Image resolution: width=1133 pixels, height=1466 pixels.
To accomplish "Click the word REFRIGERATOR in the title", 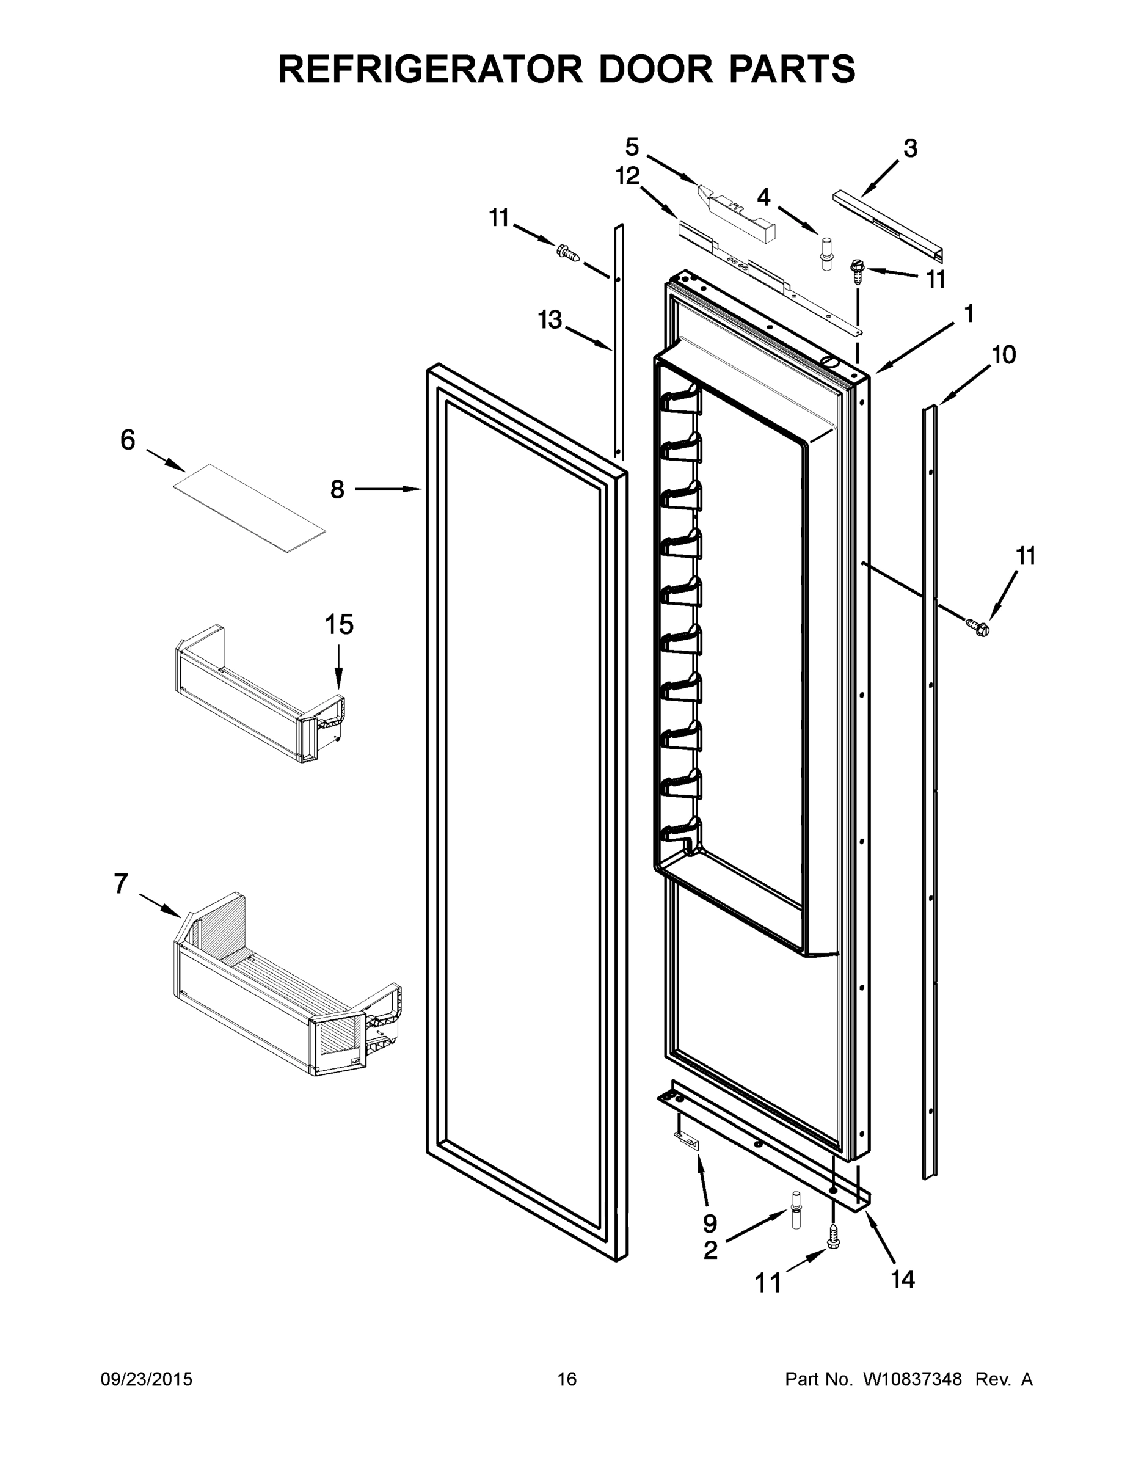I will click(430, 68).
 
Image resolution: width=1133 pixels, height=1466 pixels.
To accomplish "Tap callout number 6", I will click(128, 440).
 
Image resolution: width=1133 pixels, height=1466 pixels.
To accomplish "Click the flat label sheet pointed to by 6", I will click(249, 508).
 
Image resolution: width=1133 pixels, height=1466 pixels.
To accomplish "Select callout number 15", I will click(339, 625).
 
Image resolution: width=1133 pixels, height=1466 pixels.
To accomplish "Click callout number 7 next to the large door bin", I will click(120, 884).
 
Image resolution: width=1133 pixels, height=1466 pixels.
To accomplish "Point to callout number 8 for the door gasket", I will click(337, 489).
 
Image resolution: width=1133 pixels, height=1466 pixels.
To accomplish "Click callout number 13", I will click(550, 320).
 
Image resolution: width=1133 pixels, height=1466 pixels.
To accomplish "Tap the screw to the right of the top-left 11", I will click(567, 253).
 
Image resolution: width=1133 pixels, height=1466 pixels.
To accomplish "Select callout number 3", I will click(910, 148).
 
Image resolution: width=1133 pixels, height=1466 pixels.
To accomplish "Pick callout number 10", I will click(1004, 354).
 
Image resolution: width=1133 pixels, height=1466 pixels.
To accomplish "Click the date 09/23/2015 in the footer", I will click(147, 1379).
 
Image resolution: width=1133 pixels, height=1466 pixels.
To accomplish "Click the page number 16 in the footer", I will click(567, 1379).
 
